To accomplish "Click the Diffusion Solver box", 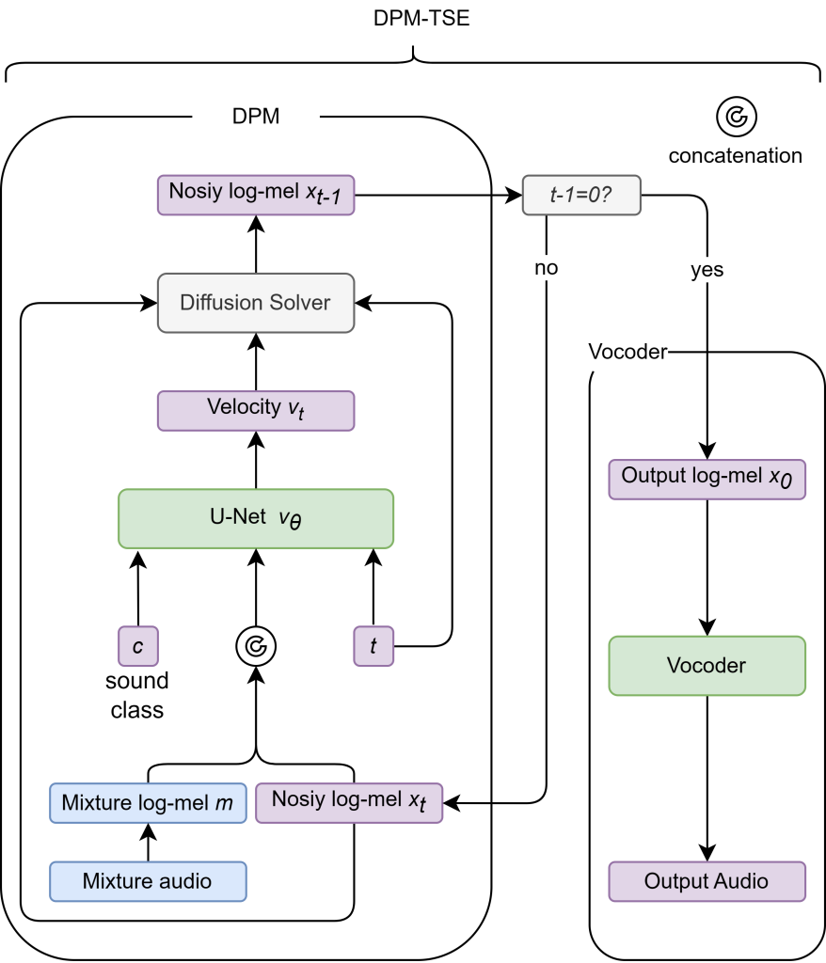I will pyautogui.click(x=256, y=303).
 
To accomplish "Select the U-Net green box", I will pyautogui.click(x=256, y=518).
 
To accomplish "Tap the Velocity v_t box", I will pyautogui.click(x=256, y=410).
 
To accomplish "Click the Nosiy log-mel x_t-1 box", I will pyautogui.click(x=256, y=194).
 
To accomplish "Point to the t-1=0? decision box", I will pyautogui.click(x=581, y=195).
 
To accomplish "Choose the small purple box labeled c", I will pyautogui.click(x=137, y=646).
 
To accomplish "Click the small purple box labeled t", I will pyautogui.click(x=373, y=646).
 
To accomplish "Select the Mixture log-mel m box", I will pyautogui.click(x=149, y=804).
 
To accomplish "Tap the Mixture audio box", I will pyautogui.click(x=148, y=881).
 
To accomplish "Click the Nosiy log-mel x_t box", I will pyautogui.click(x=349, y=802).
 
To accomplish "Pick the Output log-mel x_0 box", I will pyautogui.click(x=707, y=479).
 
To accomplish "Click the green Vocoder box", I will pyautogui.click(x=707, y=666).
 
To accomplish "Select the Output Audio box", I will pyautogui.click(x=707, y=881).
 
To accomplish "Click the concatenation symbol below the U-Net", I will pyautogui.click(x=255, y=646).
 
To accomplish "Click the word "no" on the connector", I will pyautogui.click(x=546, y=268).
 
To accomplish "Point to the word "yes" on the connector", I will pyautogui.click(x=707, y=270).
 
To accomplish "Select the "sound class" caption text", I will pyautogui.click(x=137, y=695).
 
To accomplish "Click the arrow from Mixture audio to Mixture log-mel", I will pyautogui.click(x=148, y=843).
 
